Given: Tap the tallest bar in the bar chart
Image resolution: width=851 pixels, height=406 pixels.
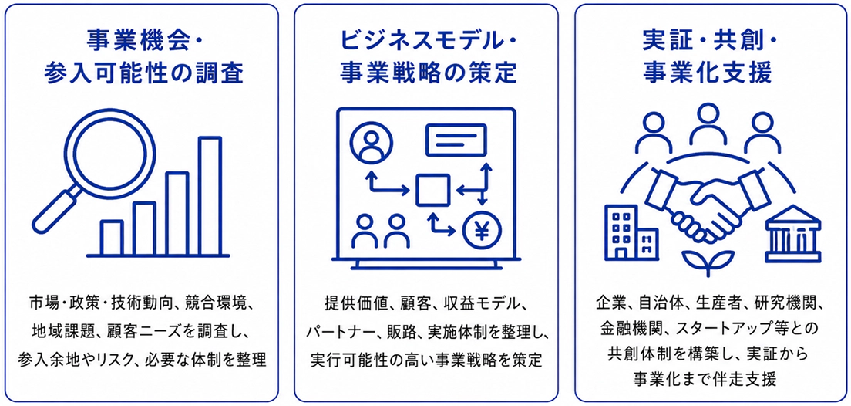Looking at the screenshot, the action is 210,195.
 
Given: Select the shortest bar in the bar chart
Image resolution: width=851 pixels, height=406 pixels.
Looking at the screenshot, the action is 112,238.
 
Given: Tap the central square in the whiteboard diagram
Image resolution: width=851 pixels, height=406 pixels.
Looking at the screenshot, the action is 433,190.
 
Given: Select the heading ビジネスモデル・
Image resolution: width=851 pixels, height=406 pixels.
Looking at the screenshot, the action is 426,40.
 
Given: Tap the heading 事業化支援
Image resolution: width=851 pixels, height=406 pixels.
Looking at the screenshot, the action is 707,73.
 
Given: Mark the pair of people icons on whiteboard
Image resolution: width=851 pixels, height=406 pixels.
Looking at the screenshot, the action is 380,231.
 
